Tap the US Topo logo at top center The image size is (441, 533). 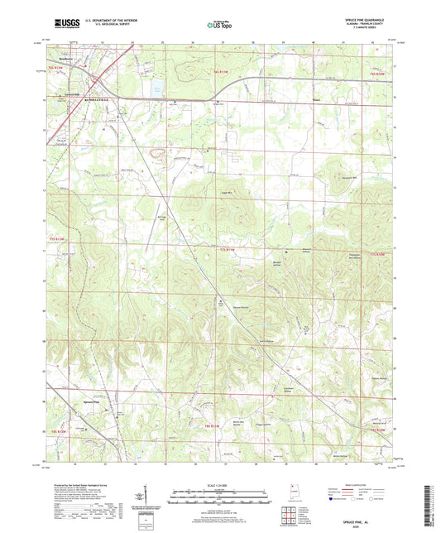[219, 25]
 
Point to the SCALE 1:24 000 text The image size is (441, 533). [220, 484]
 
